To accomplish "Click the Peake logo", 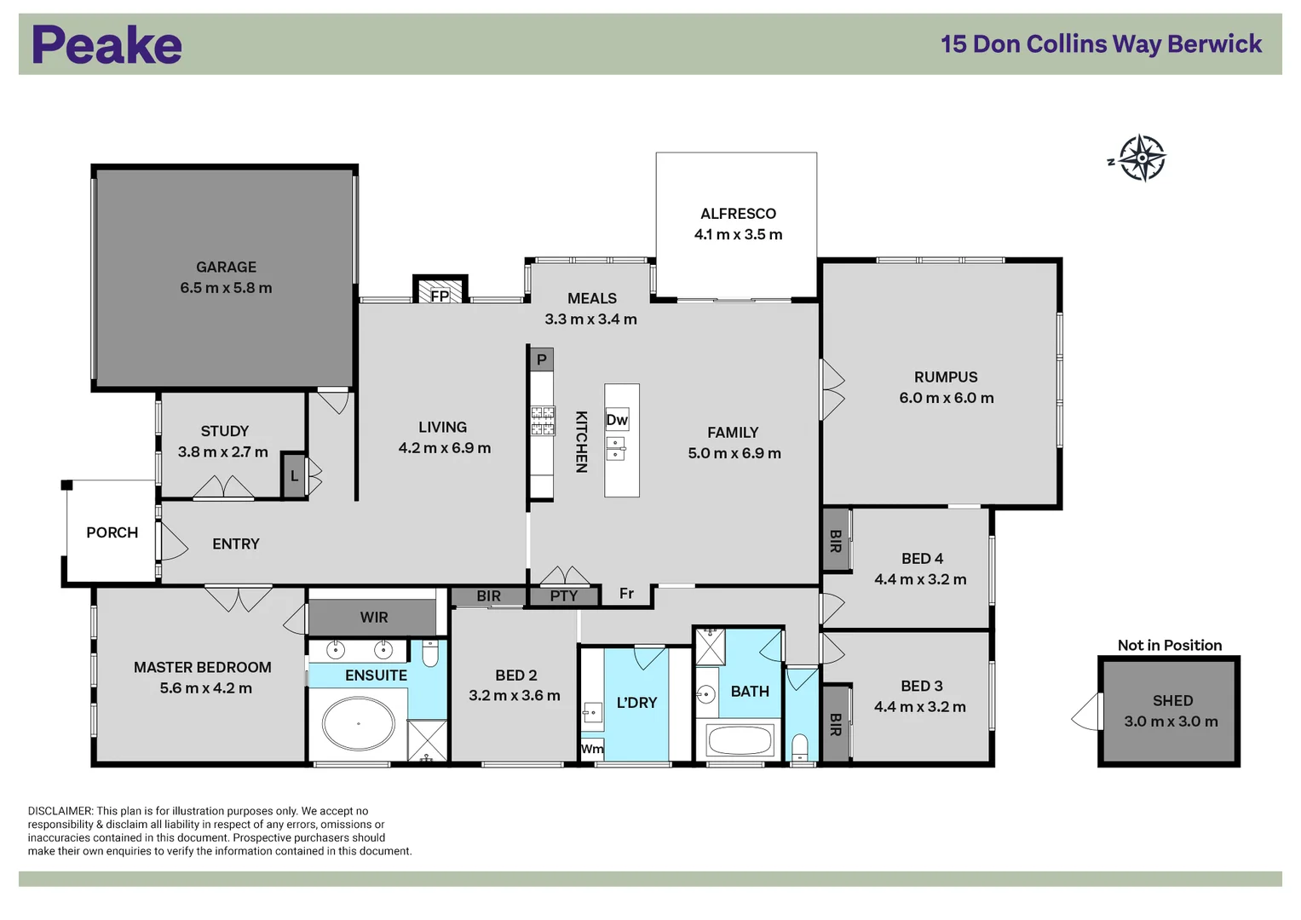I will [107, 45].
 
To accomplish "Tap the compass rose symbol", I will [1141, 158].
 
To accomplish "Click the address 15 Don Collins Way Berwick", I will [1101, 44].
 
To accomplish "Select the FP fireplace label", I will [440, 296].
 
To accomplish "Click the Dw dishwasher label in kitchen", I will [617, 420].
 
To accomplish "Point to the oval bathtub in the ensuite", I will [359, 723].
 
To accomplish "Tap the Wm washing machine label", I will [592, 749].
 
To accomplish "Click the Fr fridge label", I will [626, 594].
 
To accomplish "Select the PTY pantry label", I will [563, 596].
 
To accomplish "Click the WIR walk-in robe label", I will [373, 618].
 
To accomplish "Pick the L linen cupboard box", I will [294, 475].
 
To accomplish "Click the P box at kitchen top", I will [541, 359].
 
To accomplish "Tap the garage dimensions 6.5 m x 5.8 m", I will [226, 288].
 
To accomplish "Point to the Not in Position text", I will [1169, 646].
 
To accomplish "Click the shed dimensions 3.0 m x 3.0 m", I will [1171, 722].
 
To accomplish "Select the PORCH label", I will [112, 532].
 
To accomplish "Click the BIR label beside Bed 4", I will [836, 541].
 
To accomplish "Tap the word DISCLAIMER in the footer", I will [60, 811].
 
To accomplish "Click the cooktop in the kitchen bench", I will [543, 421].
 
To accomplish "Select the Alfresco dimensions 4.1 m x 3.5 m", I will [738, 234].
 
